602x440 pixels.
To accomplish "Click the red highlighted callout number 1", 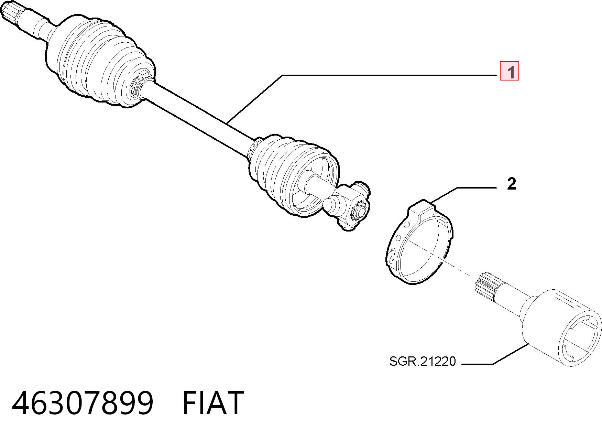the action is pyautogui.click(x=509, y=71).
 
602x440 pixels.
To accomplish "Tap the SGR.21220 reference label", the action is pyautogui.click(x=422, y=361).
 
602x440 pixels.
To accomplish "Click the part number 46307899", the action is pyautogui.click(x=83, y=403).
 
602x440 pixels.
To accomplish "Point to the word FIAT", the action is pyautogui.click(x=213, y=403).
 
